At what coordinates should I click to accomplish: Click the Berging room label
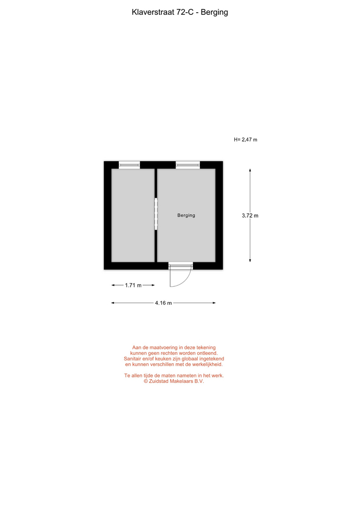tap(186, 215)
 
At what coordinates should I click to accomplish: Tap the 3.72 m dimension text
tap(250, 216)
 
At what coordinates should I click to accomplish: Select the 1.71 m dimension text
tap(133, 285)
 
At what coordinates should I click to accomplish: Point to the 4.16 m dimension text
tap(163, 303)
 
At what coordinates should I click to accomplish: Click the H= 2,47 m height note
tap(245, 139)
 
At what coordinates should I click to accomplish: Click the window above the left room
tap(129, 165)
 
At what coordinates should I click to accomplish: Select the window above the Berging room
tap(188, 165)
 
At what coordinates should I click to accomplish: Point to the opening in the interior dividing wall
tap(156, 214)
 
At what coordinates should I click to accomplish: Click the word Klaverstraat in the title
tap(153, 12)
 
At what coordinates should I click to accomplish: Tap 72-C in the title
tap(185, 12)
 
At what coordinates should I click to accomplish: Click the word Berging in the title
tap(214, 12)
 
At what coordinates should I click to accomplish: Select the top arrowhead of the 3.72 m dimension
tap(250, 170)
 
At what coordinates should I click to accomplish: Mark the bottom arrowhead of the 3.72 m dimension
tap(250, 260)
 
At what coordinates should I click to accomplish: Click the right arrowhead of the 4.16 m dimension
tap(214, 303)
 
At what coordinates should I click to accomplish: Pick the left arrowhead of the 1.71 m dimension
tap(113, 285)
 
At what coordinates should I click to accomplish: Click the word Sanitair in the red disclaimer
tap(134, 359)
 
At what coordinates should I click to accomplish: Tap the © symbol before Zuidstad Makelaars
tap(146, 381)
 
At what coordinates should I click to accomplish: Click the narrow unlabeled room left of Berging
tap(133, 215)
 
